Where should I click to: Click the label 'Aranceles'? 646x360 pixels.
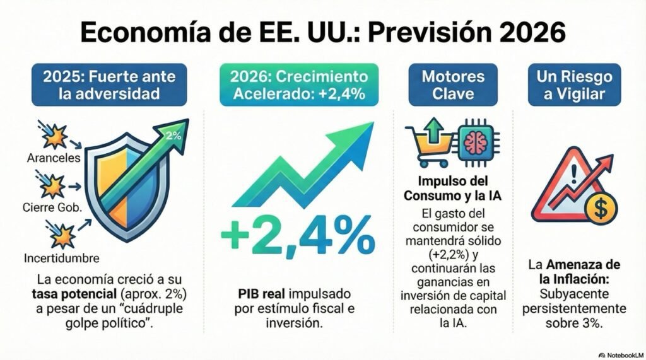tap(54, 158)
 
